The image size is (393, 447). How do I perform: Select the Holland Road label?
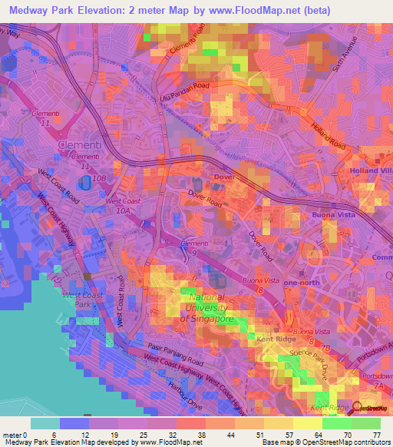328,134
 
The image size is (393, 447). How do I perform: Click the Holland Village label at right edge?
372,170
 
